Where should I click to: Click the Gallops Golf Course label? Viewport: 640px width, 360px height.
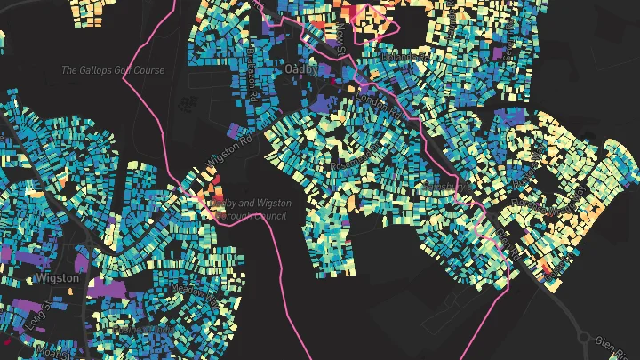[113, 70]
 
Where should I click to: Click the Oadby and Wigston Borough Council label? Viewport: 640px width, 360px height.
[250, 208]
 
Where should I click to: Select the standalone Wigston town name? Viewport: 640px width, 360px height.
[57, 278]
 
